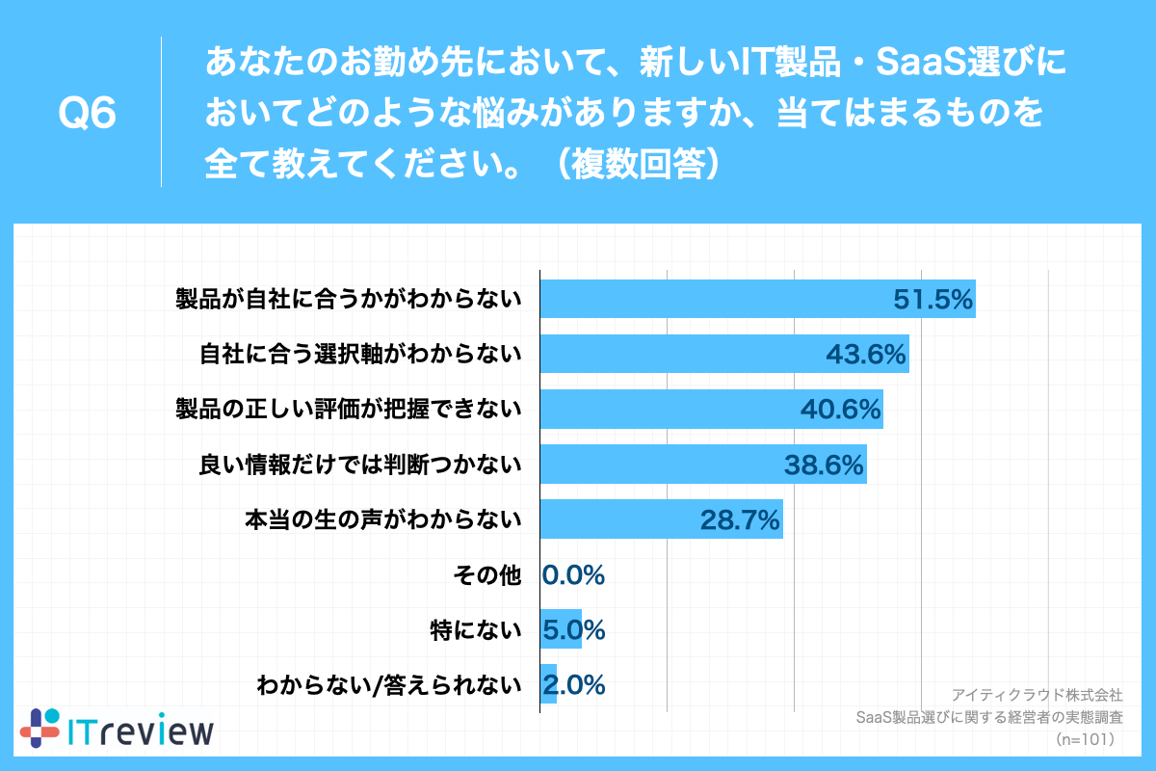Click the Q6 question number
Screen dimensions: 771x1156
(88, 114)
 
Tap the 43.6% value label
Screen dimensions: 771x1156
(866, 355)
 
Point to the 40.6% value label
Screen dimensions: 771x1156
(841, 410)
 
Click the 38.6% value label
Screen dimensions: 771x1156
(824, 465)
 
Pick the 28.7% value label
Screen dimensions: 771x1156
(740, 520)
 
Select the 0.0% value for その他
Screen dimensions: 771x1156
(574, 575)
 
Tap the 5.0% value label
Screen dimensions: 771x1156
(574, 630)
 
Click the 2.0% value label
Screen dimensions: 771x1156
(574, 685)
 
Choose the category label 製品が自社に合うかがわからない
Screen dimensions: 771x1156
(348, 300)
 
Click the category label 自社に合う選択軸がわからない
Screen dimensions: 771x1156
(360, 355)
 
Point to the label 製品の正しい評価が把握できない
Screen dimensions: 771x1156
(348, 410)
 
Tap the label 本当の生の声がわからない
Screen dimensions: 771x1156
(383, 520)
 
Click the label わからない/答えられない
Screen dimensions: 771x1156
(388, 685)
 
